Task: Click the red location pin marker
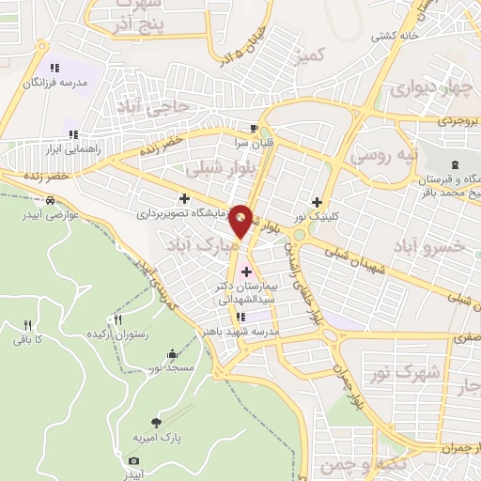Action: [x=242, y=220]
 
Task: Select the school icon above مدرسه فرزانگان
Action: [x=54, y=68]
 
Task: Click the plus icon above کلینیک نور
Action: [x=317, y=202]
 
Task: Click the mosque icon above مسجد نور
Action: [x=172, y=354]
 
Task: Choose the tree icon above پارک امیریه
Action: [x=156, y=423]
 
